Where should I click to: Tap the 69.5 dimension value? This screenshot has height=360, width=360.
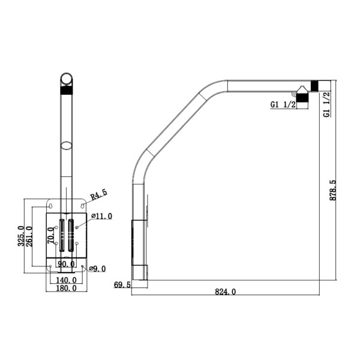122,284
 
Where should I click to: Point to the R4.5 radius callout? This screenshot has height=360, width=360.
98,194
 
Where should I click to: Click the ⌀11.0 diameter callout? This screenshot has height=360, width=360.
101,216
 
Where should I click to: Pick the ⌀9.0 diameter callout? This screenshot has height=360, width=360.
97,269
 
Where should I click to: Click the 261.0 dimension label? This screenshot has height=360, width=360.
29,236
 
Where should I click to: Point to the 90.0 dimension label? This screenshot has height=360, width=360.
65,263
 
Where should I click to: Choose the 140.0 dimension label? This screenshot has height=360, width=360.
66,280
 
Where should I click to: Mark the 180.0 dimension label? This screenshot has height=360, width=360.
66,288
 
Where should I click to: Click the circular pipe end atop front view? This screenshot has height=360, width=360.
67,79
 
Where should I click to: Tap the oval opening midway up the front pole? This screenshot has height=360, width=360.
67,145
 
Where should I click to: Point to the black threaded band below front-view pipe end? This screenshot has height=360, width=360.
67,92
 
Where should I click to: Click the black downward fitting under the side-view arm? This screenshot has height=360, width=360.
302,98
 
